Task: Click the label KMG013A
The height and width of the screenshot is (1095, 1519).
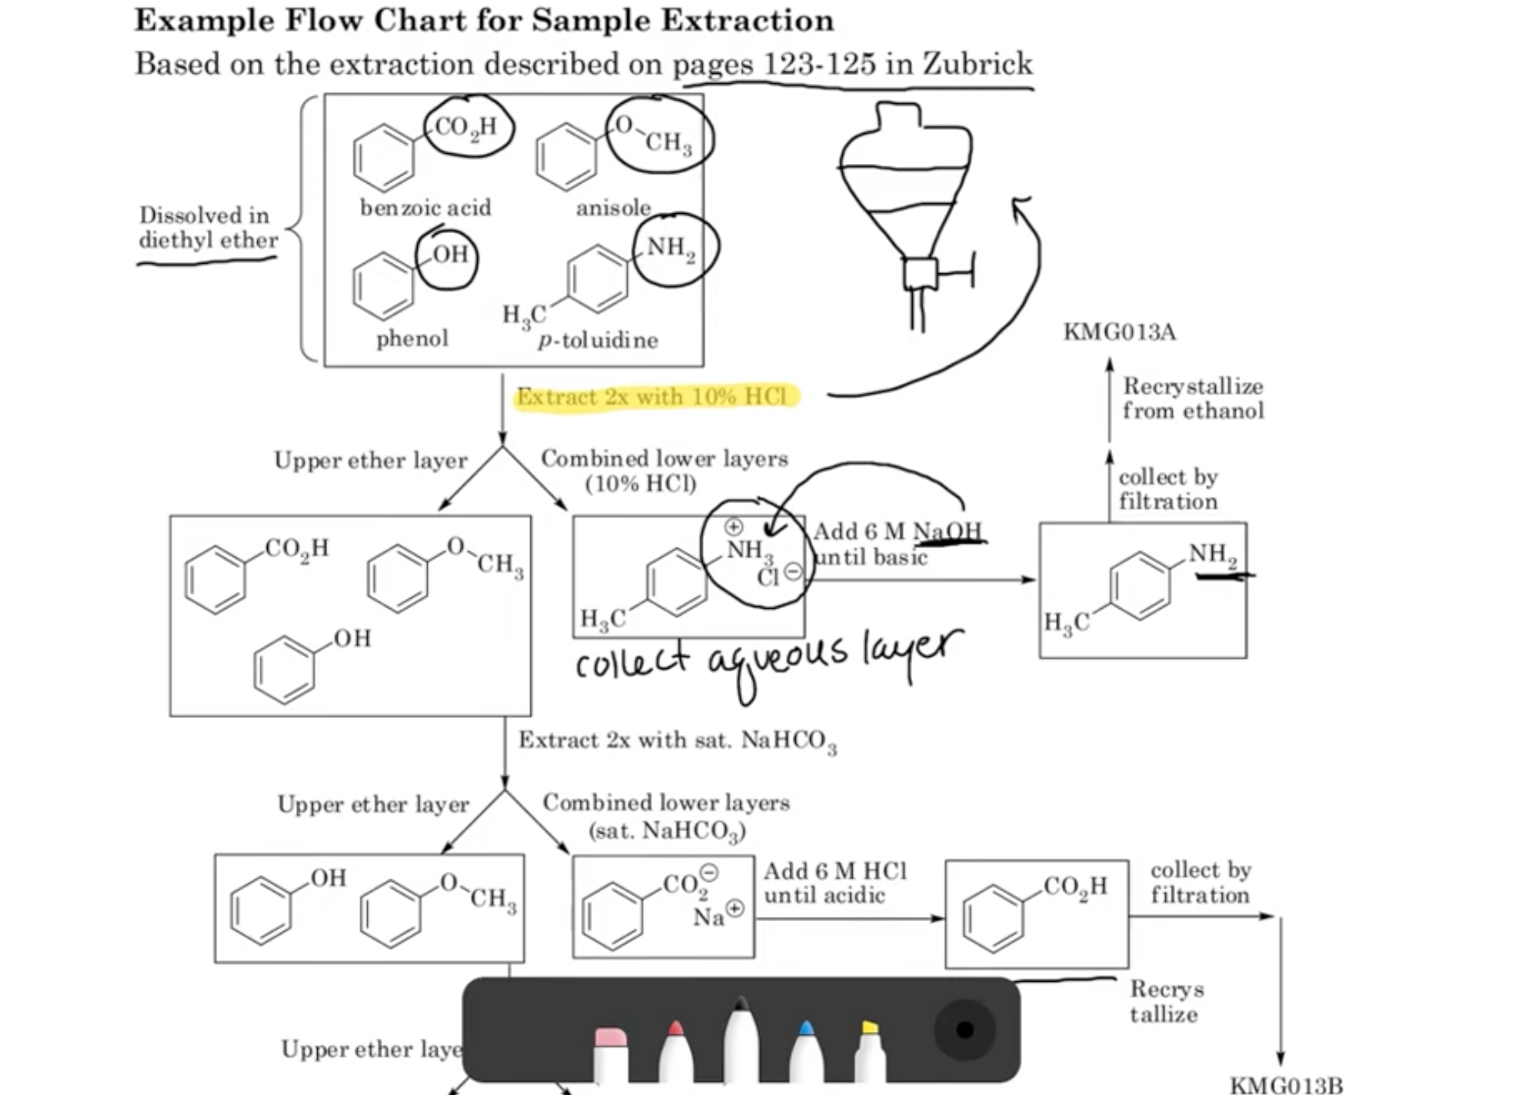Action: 1119,332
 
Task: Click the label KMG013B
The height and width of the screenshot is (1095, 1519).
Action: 1286,1084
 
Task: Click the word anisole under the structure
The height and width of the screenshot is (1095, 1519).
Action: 614,208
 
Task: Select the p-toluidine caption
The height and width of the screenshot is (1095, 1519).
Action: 598,340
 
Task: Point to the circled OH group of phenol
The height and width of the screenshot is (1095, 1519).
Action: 449,256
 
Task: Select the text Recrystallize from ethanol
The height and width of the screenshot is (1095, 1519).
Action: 1193,398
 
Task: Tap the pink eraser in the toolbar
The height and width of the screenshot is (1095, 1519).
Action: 610,1052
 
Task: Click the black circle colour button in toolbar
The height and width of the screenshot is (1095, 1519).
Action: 965,1030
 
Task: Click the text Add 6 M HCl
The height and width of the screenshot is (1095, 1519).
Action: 835,871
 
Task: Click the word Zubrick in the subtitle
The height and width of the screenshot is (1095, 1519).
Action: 977,65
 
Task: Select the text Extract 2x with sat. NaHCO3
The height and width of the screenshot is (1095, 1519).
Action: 677,741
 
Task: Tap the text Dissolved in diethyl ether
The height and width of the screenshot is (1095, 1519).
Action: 207,228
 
